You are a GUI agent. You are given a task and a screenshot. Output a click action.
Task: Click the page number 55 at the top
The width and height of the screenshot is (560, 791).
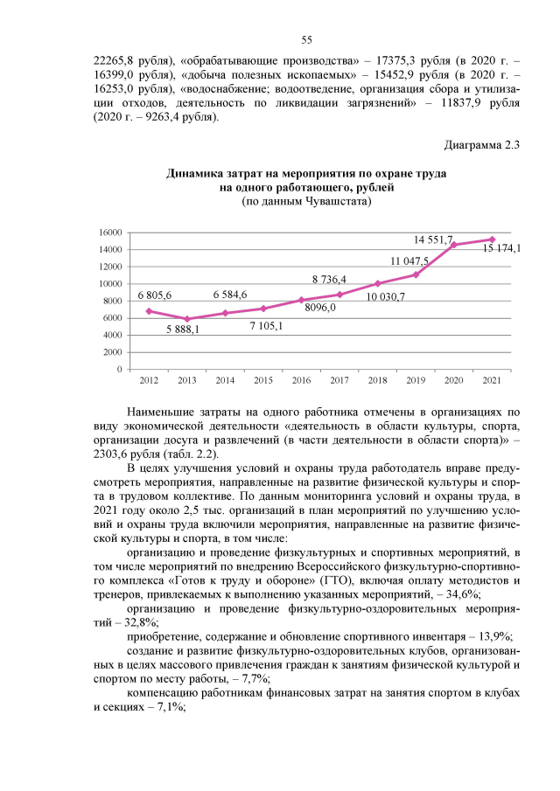(306, 39)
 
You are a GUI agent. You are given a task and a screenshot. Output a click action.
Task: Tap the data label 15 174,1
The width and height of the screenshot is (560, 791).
(502, 248)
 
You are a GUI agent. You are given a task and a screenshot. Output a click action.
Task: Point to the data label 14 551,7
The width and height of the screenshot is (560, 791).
(433, 239)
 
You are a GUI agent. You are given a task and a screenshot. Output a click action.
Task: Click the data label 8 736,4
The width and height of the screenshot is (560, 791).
(330, 279)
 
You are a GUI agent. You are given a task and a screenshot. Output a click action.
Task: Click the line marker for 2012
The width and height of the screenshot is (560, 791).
(149, 311)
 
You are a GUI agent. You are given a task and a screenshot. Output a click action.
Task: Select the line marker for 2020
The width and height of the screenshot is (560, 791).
(453, 245)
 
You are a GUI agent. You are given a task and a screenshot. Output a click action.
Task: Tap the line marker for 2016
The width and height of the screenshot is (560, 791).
(301, 300)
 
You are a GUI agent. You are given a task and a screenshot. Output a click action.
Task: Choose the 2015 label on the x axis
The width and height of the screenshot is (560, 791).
(263, 380)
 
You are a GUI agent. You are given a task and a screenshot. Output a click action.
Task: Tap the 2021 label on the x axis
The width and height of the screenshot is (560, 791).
(492, 380)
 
